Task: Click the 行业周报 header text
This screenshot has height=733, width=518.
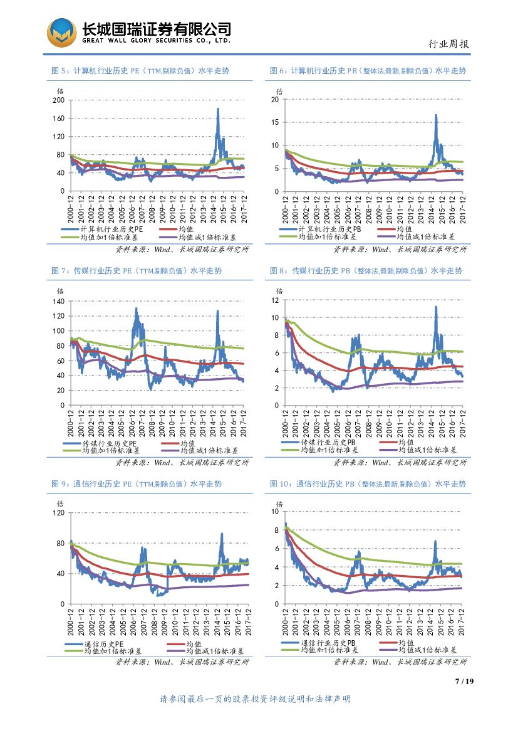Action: click(448, 44)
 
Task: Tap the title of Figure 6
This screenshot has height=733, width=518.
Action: click(368, 71)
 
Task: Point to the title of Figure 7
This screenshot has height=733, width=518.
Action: click(136, 271)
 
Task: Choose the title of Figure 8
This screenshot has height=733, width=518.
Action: click(366, 271)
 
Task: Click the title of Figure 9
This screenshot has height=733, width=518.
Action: click(136, 484)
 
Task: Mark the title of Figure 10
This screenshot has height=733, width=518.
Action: click(368, 484)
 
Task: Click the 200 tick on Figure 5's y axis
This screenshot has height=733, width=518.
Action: click(59, 100)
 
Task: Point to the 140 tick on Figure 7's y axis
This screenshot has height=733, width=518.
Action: click(59, 302)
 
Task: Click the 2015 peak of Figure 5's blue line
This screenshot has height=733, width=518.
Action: click(218, 109)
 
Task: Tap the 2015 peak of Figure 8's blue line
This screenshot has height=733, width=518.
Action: click(435, 307)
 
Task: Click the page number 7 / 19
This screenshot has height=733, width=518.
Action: click(464, 682)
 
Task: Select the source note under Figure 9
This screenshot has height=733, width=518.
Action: click(182, 662)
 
